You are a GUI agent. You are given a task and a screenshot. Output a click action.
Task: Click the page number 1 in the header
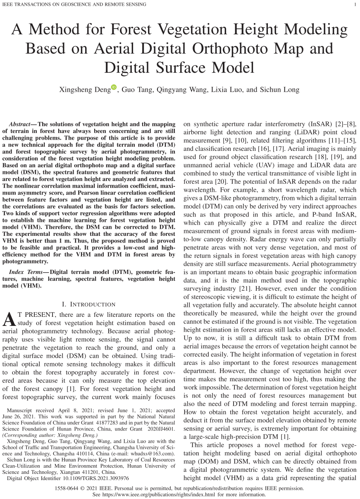(355, 5)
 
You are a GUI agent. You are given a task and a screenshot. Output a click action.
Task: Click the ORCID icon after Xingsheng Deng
(114, 88)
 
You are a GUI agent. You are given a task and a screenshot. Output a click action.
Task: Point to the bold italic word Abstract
(19, 124)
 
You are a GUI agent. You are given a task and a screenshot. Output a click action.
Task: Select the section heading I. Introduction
(88, 304)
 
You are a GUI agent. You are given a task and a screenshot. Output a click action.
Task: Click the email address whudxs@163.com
(151, 453)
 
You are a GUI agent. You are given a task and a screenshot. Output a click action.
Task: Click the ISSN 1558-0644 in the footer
(67, 488)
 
